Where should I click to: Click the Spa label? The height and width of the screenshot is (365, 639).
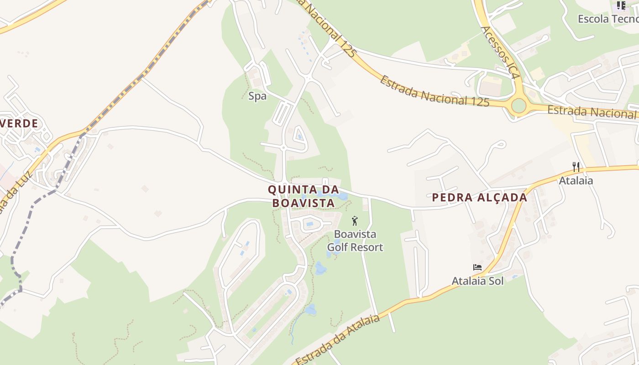click(x=257, y=96)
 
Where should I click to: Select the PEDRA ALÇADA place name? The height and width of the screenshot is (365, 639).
click(x=479, y=198)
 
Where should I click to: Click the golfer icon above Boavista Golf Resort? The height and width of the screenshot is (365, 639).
click(x=355, y=221)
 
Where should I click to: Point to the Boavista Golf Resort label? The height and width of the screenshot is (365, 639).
click(x=355, y=240)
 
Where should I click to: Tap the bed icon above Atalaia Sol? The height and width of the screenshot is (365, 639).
click(x=477, y=267)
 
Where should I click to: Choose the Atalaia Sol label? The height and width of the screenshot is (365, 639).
click(x=477, y=281)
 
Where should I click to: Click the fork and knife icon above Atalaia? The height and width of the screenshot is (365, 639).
click(x=576, y=167)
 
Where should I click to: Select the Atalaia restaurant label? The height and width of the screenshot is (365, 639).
click(x=576, y=181)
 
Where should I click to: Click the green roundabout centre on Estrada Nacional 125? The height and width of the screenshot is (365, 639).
click(x=519, y=105)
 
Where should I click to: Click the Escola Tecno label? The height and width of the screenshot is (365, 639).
click(x=608, y=19)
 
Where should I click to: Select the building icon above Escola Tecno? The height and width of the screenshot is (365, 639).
click(x=621, y=5)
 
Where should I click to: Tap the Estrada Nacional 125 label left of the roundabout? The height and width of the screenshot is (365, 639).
click(x=434, y=92)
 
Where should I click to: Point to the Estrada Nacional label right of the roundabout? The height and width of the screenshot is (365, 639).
click(x=592, y=112)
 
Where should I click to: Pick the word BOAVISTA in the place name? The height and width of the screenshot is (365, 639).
click(x=306, y=203)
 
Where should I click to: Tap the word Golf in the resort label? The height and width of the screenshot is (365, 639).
click(x=340, y=247)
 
